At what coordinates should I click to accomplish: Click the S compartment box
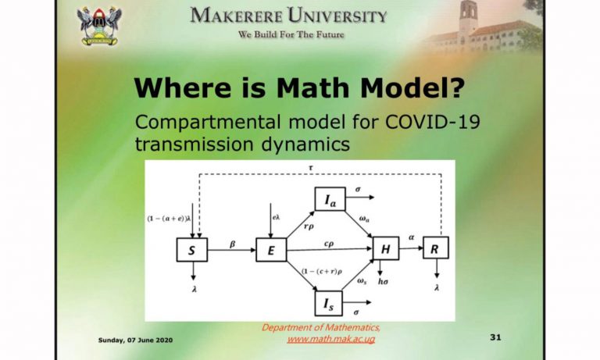pos(192,250)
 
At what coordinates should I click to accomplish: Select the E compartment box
pos(271,250)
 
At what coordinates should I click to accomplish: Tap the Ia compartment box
pos(330,199)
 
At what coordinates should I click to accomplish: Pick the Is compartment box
pos(328,303)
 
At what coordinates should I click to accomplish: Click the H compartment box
pos(386,248)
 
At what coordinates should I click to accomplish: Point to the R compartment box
pos(436,248)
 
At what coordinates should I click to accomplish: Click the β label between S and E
pos(232,244)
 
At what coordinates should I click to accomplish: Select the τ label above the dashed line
pos(311,168)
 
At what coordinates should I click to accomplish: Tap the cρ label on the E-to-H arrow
pos(329,244)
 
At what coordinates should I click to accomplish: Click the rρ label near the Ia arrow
pos(309,226)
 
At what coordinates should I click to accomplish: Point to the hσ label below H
pos(383,282)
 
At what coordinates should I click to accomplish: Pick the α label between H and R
pos(412,237)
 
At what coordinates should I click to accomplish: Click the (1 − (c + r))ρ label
pos(322,272)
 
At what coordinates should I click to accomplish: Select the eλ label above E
pos(277,217)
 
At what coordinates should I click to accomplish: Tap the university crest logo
pos(99,26)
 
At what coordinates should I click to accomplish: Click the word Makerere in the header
pos(236,16)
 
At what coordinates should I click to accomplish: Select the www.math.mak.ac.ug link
pos(331,339)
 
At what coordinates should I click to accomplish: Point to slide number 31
pos(495,337)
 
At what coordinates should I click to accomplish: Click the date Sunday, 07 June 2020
pos(135,340)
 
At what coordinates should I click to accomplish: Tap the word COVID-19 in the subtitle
pos(432,123)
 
